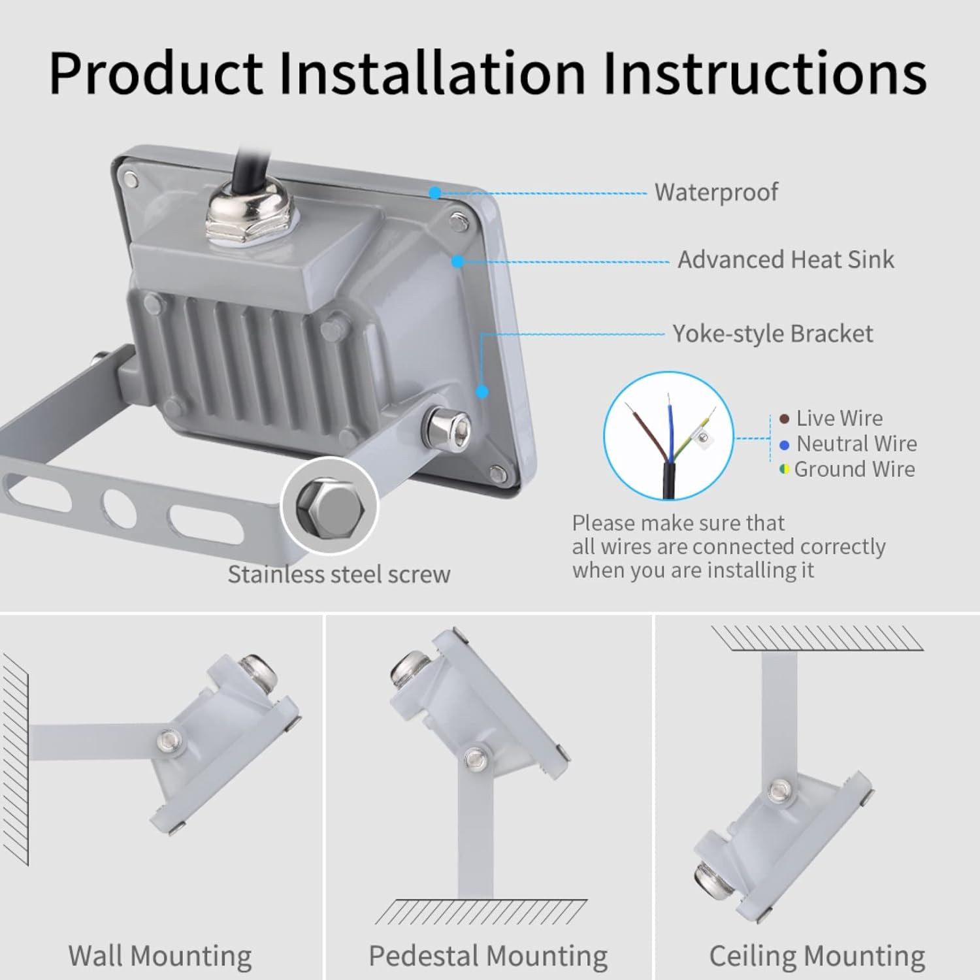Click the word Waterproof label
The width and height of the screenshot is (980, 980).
pos(716,192)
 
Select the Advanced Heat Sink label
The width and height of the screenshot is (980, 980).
pos(785,260)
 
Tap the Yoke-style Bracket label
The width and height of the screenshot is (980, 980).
pos(772,334)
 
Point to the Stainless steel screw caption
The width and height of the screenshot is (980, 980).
pos(338,574)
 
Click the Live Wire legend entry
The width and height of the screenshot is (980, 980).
pos(838,418)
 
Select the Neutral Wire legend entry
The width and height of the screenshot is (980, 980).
pos(855,444)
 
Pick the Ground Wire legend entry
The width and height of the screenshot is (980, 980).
pos(853,469)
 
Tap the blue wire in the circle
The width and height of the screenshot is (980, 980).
pos(669,425)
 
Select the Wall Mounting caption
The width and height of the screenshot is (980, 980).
pos(160,956)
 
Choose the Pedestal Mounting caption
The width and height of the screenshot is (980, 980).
pos(488,956)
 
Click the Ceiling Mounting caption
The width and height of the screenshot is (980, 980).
pos(817,956)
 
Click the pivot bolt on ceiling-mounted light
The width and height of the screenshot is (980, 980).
pos(779,791)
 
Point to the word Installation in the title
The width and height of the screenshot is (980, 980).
pos(432,72)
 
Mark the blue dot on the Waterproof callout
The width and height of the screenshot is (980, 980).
pos(435,193)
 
